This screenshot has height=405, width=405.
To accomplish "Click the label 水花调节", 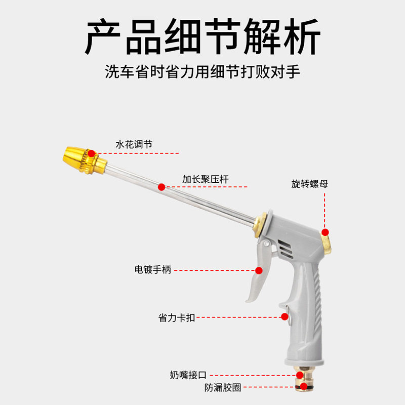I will [x=134, y=145].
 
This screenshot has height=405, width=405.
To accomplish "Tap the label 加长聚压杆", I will [x=205, y=179].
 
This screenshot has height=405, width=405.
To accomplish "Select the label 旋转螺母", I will [x=309, y=184].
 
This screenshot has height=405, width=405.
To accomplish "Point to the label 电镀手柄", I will [x=152, y=270].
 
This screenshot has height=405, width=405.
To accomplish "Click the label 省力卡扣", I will [x=176, y=318].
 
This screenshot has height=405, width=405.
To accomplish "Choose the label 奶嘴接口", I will [x=188, y=375].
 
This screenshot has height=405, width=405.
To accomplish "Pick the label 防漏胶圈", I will [x=223, y=388].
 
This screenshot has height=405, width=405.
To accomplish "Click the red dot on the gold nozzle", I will [x=91, y=153].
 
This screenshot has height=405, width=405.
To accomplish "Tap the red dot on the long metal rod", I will [x=161, y=187].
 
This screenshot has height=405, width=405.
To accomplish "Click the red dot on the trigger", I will [x=259, y=270].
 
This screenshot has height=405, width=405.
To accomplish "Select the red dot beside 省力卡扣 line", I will [x=285, y=317].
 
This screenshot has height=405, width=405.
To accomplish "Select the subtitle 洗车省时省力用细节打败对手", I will [x=202, y=71].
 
